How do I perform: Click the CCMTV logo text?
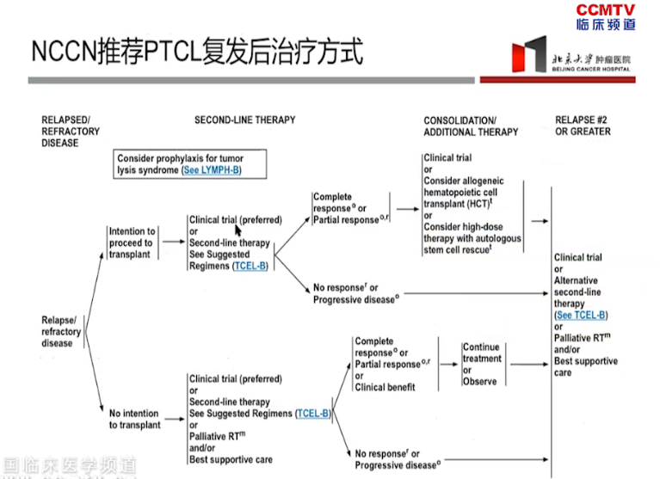[x=605, y=9]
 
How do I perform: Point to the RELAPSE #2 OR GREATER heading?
[x=583, y=126]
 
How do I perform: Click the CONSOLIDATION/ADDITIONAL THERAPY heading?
[x=471, y=126]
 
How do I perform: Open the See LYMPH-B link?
[x=210, y=170]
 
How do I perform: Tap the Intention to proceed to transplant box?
[x=132, y=243]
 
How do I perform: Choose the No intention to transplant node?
[x=134, y=419]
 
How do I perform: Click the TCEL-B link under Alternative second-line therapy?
[x=582, y=315]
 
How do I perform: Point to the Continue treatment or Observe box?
[x=481, y=364]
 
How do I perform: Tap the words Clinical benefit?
[x=385, y=387]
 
